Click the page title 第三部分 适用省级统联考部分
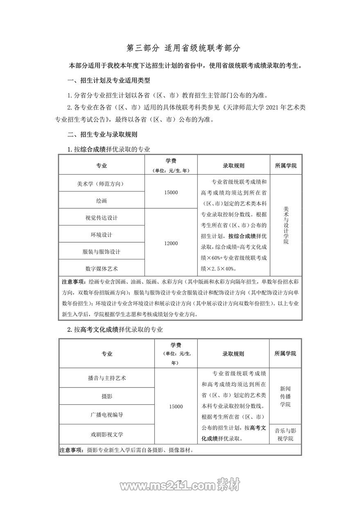pos(183,48)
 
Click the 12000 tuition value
pos(171,243)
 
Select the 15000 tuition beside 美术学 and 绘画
pos(171,192)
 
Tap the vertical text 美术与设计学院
pos(286,225)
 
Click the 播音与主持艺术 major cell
pos(107,378)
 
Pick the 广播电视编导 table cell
pos(107,414)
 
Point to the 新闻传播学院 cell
pos(285,396)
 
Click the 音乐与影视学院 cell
pos(285,435)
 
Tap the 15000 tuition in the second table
pos(175,406)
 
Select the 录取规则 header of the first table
pos(234,166)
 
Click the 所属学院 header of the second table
pos(285,354)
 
